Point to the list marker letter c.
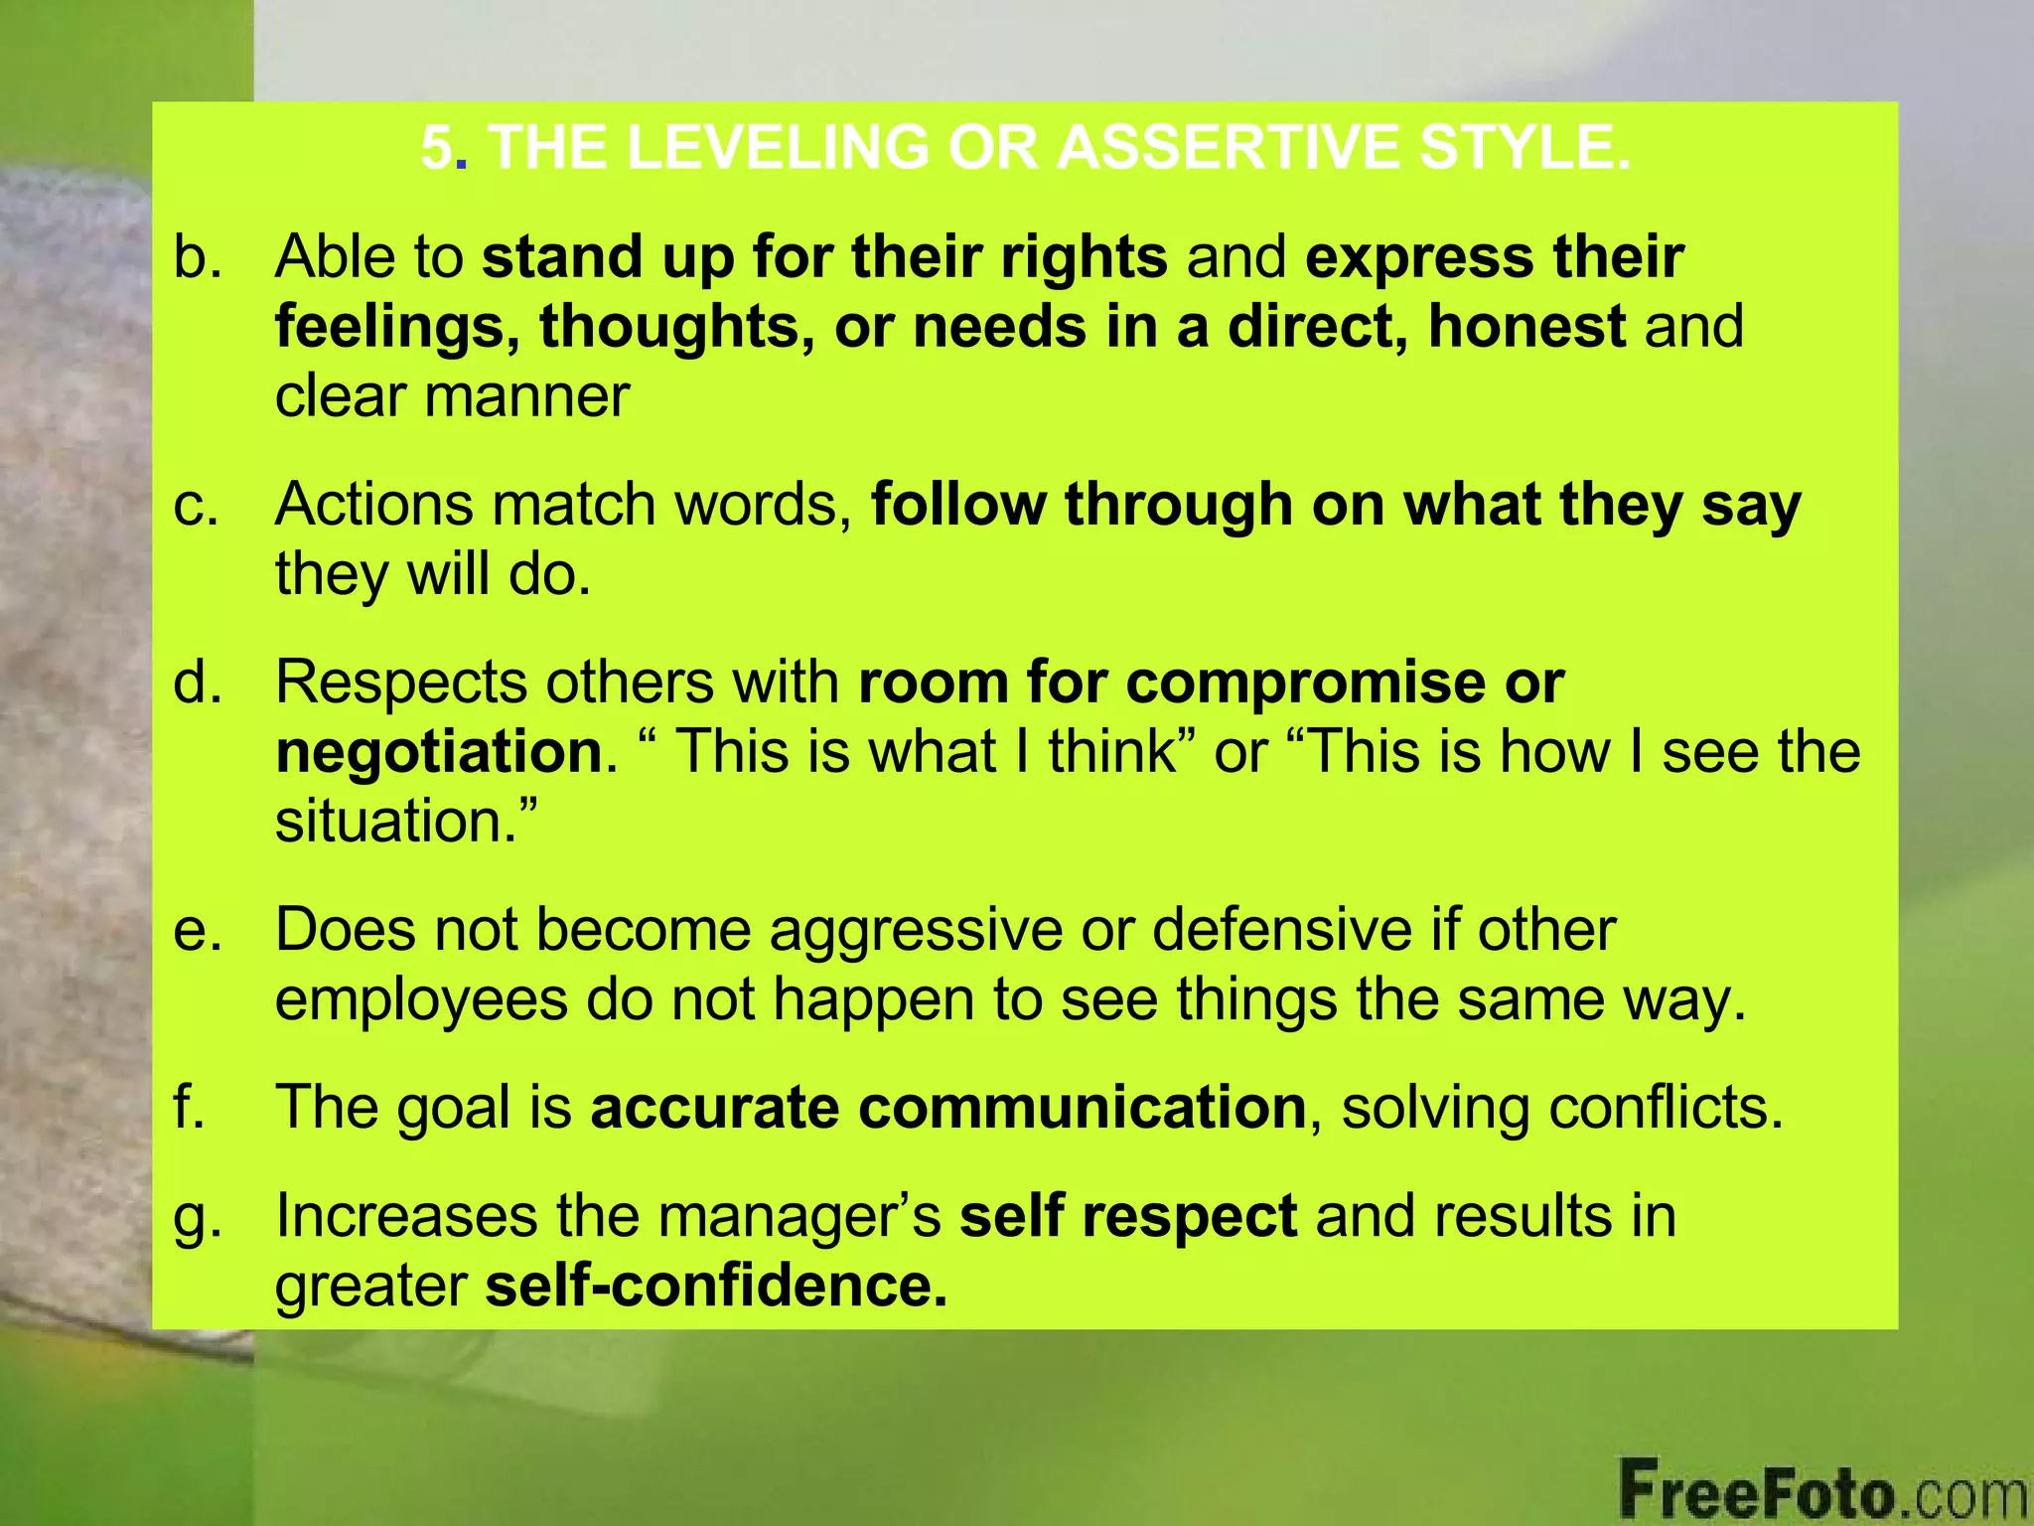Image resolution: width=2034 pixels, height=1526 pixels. (195, 505)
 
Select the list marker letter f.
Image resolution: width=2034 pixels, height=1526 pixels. (189, 1107)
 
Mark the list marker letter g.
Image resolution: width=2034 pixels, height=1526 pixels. (195, 1218)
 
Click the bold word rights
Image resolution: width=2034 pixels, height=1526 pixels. (1084, 256)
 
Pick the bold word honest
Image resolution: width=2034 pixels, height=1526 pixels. (1526, 326)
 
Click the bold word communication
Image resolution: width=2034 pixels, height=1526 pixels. (1082, 1107)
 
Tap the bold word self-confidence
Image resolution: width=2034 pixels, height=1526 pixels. (715, 1286)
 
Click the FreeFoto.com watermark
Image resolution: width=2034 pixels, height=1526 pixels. (1823, 1490)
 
